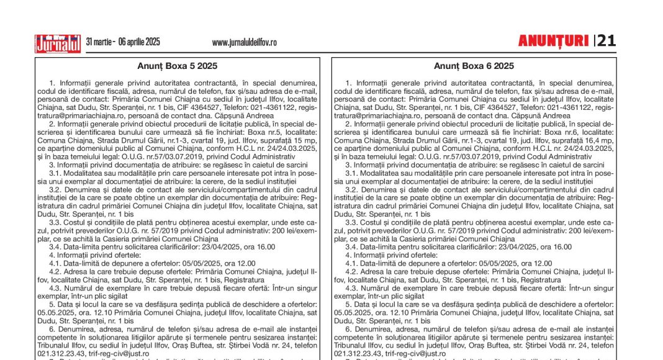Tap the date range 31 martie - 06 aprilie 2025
(123, 42)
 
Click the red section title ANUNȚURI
(553, 41)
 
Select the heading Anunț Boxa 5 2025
(177, 66)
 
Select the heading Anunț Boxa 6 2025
(474, 66)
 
